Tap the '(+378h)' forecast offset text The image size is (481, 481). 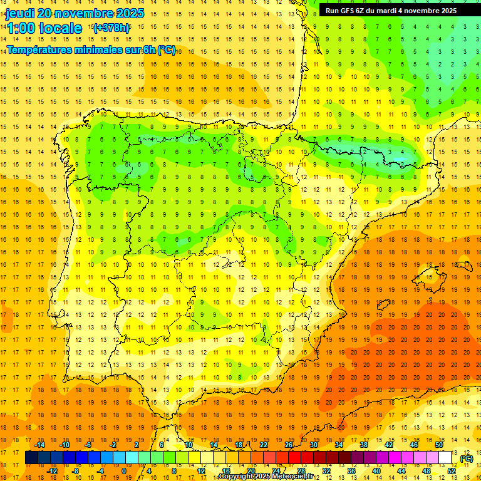[x=111, y=28]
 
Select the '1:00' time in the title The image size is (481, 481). [x=21, y=28]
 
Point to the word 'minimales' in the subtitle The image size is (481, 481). [x=110, y=50]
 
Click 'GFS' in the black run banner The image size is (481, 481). [x=353, y=11]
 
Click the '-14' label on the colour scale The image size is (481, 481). [x=39, y=445]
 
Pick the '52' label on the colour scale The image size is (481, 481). [x=452, y=471]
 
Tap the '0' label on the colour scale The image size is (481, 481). [x=123, y=471]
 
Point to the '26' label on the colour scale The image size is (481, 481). [x=288, y=445]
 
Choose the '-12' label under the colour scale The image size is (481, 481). [x=52, y=471]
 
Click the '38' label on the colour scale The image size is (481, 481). [x=363, y=445]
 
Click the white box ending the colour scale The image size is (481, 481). [x=445, y=458]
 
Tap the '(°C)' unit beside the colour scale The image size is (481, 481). [x=466, y=458]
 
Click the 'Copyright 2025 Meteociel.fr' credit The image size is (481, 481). [x=266, y=477]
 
